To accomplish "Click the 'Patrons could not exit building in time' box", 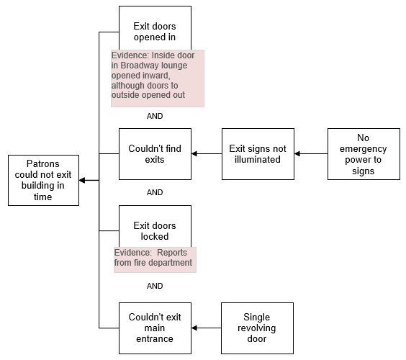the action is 43,180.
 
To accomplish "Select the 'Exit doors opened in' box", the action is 155,28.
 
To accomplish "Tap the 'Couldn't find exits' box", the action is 155,154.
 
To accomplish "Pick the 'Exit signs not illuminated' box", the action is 258,154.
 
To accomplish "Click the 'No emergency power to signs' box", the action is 364,154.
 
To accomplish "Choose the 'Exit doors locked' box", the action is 155,226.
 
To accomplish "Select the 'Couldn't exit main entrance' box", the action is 155,328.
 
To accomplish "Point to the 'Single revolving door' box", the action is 258,328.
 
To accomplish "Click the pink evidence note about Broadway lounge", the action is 158,78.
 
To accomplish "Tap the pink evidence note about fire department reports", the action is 155,260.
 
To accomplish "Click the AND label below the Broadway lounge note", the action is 155,116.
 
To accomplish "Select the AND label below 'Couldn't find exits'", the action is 155,192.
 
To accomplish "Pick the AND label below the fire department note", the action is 155,286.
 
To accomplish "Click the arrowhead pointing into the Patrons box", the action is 82,180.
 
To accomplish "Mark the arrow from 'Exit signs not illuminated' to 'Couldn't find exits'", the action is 207,154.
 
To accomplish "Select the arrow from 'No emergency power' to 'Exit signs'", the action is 311,154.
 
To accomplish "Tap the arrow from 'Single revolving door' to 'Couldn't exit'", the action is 207,328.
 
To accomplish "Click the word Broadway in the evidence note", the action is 137,66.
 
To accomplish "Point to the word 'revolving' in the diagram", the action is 256,328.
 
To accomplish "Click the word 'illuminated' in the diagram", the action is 258,160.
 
